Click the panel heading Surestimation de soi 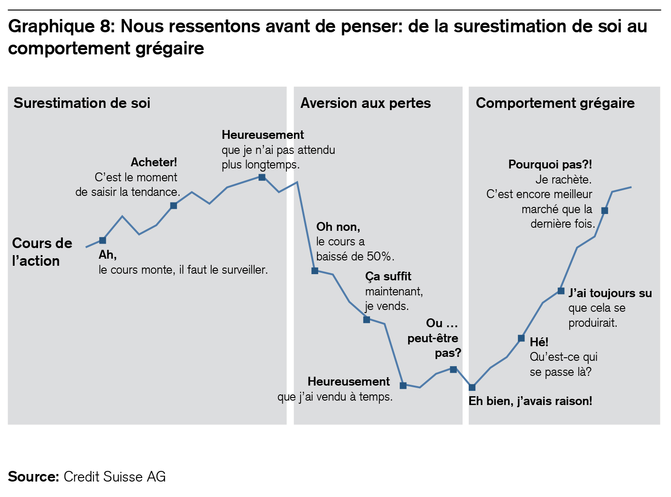(82, 103)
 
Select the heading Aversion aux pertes (365, 103)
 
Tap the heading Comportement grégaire (555, 103)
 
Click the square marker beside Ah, (103, 241)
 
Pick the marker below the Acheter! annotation (174, 206)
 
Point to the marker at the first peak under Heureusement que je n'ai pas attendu (262, 177)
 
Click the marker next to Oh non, (315, 271)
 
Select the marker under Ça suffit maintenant (366, 320)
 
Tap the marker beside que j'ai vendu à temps (403, 386)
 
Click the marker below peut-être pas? (453, 369)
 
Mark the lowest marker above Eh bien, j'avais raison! (472, 388)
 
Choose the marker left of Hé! (521, 339)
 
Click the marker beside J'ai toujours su (561, 291)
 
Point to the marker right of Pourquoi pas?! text (605, 210)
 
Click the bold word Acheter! (154, 162)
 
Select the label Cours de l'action (42, 252)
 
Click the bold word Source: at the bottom (33, 477)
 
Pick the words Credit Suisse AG (115, 477)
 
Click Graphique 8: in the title (62, 27)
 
